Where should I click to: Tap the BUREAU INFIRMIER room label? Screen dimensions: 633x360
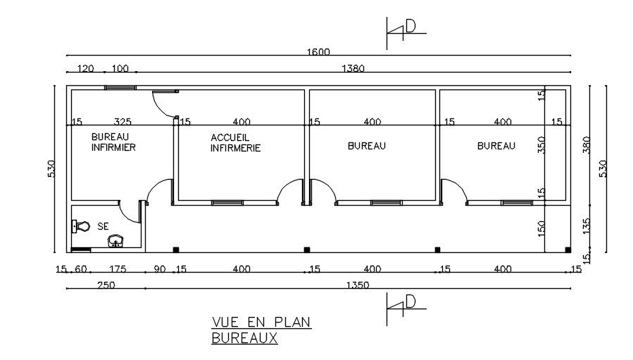pos(113,142)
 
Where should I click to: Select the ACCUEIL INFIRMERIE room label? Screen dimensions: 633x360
pos(236,142)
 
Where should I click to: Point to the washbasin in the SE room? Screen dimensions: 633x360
pos(115,242)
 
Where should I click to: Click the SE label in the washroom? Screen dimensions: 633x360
pos(103,227)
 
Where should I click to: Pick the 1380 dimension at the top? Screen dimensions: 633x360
pos(353,68)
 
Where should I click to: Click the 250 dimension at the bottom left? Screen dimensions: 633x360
pos(87,285)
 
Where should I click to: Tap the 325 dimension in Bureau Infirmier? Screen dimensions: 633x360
pos(123,122)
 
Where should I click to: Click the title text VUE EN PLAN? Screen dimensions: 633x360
pos(261,323)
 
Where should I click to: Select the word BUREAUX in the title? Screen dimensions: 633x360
pos(244,338)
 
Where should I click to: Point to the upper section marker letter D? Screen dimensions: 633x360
pos(410,26)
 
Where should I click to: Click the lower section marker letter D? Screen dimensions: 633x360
pos(410,301)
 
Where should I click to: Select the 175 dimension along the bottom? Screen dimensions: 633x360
pos(117,269)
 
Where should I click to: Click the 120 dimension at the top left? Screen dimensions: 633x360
pos(85,68)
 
